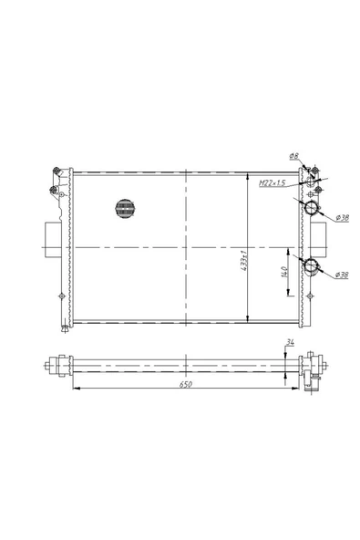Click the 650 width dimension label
point(186,384)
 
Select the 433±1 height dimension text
point(244,261)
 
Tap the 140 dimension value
point(284,272)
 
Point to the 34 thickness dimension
point(290,342)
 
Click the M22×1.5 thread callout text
point(272,183)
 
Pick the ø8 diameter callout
point(293,156)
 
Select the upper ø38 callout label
point(342,218)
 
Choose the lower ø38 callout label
point(342,275)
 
